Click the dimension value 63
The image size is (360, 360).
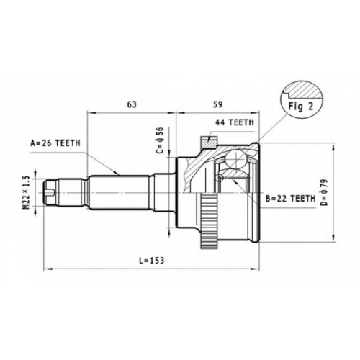pos(132,104)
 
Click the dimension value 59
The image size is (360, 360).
pos(217,104)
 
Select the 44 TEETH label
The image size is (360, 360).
pos(235,122)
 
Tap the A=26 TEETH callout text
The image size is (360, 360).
pos(55,143)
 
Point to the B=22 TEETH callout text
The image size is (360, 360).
pos(290,199)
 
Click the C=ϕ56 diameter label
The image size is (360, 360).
pos(160,140)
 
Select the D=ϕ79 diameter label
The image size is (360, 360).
pos(324,192)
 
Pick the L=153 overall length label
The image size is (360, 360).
pos(152,260)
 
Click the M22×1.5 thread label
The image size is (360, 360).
pos(27,193)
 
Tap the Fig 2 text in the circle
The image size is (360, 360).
pos(301,107)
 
